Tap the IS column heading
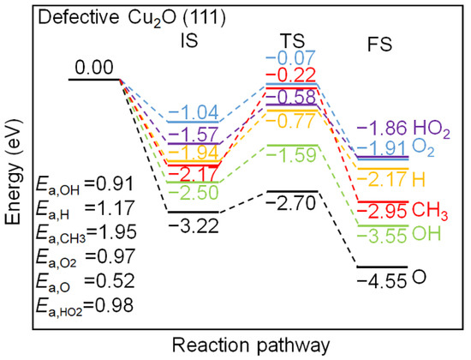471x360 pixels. [193, 39]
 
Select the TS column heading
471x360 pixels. [292, 39]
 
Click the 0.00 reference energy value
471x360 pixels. [95, 66]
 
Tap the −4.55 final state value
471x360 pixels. [382, 280]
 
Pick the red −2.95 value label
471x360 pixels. [383, 211]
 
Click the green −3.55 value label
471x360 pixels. [383, 233]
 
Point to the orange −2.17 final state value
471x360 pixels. [383, 179]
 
